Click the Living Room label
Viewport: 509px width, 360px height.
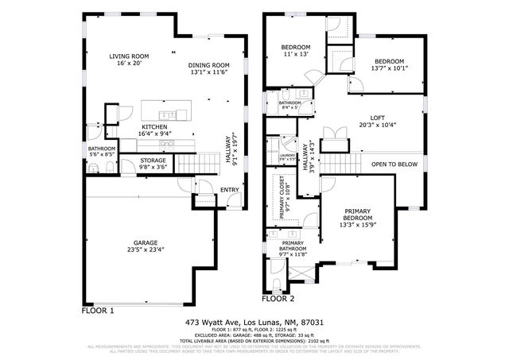point(129,56)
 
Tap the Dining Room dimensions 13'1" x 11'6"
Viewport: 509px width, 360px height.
point(209,72)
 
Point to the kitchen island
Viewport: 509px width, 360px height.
point(166,110)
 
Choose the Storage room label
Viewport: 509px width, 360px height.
point(153,161)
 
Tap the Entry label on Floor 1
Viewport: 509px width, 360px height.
point(230,190)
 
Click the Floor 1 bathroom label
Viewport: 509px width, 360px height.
point(102,149)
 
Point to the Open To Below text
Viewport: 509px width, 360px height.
point(394,165)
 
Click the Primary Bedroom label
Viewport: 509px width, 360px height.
point(357,215)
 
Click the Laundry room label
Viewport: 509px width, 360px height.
point(287,156)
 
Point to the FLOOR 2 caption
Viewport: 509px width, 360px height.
point(278,300)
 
